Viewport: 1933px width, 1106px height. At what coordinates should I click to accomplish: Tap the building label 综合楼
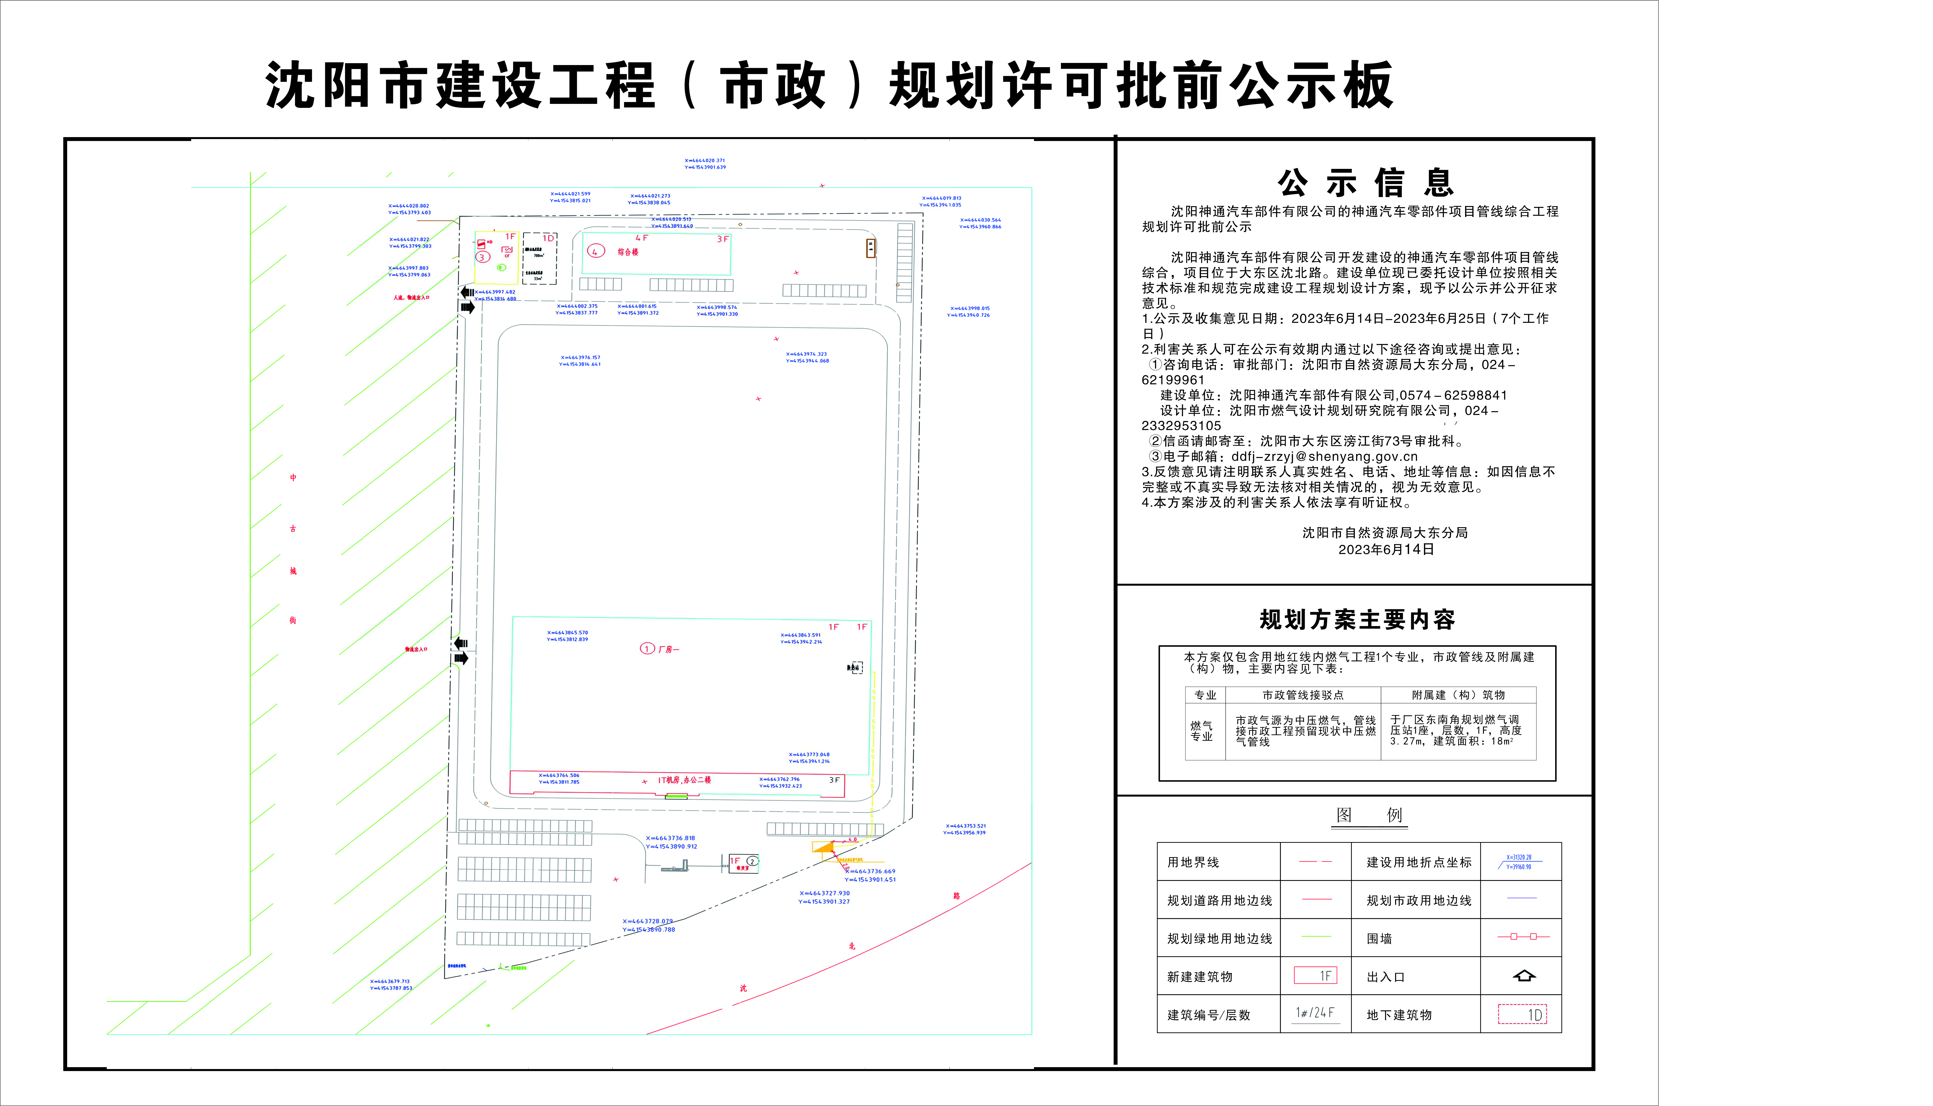coord(627,252)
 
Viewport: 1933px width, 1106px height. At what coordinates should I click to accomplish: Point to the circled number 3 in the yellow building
coord(482,257)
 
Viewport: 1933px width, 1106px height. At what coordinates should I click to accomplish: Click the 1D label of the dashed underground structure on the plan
coord(548,238)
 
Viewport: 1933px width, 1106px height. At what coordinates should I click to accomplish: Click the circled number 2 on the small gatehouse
coord(752,861)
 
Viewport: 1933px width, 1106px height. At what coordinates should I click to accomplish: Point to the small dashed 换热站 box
coord(855,668)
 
